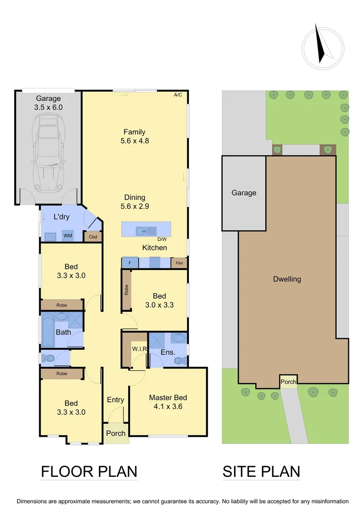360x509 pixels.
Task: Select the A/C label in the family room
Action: pos(178,95)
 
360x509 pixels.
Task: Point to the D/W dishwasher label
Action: pos(162,240)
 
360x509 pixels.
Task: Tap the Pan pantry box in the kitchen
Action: pos(179,263)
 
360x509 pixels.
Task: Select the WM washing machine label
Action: pos(68,236)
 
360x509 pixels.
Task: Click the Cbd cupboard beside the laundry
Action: pos(93,237)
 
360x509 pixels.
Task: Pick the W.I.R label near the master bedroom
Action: pos(140,349)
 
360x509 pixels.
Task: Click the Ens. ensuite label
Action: pos(168,352)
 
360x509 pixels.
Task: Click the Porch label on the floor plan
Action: pos(115,433)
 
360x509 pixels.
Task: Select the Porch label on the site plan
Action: pos(288,382)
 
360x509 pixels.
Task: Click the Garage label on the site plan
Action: pos(244,193)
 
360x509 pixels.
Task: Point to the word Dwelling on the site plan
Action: pos(287,279)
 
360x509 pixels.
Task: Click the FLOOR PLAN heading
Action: pos(89,471)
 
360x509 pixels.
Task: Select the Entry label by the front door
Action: pos(115,400)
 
